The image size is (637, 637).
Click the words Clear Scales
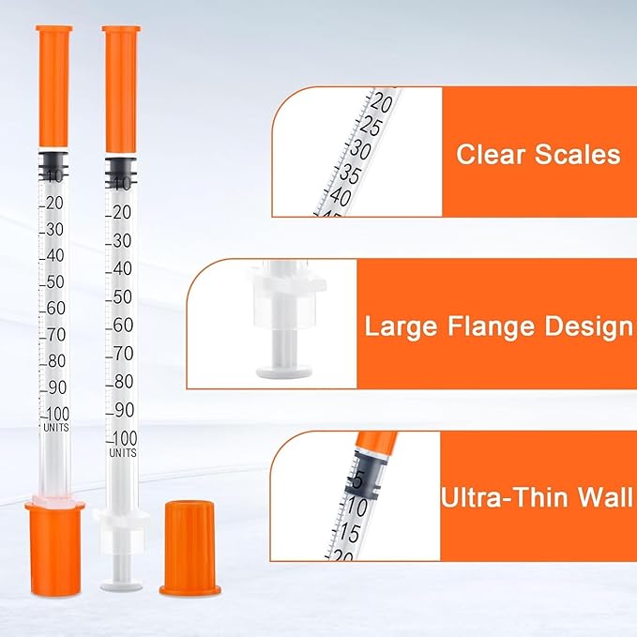coord(538,154)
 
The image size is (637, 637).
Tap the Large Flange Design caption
coord(499,326)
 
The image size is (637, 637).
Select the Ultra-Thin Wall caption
coord(537,497)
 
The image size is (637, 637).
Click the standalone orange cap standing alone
coord(190,549)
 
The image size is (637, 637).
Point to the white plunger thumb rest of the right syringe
coord(121,586)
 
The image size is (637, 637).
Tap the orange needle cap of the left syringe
coord(53,86)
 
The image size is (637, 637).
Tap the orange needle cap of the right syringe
coord(121,90)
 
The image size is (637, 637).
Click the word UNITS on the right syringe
coord(123,452)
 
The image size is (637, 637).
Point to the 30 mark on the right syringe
coord(122,241)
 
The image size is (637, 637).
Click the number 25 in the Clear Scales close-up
coord(370,127)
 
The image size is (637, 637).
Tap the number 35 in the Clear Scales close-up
coord(350,174)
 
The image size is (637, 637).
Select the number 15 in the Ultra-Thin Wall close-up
coord(349,533)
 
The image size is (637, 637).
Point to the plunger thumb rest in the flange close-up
coord(284,372)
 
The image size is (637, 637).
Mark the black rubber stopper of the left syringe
coord(54,165)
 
